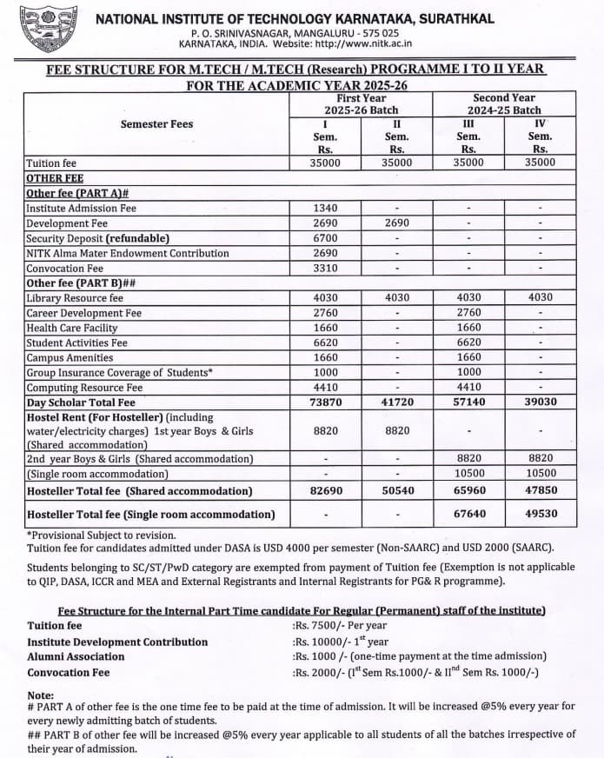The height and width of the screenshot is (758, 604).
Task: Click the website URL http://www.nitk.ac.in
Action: (363, 43)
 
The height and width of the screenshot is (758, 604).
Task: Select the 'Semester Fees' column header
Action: (156, 124)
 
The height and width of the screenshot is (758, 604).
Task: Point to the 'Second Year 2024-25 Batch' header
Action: (504, 104)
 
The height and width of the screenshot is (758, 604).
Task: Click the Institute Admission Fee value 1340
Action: (325, 209)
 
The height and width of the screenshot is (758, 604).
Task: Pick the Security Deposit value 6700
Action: (325, 238)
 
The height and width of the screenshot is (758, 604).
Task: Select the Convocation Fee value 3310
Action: (325, 269)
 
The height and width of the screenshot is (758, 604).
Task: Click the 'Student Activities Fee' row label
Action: (76, 343)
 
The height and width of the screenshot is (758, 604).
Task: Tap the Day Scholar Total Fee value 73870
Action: (325, 402)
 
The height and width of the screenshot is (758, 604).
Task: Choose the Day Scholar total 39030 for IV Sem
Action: (540, 402)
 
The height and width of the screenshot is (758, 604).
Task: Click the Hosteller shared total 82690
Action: (325, 491)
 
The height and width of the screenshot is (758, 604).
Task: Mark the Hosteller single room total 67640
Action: (468, 515)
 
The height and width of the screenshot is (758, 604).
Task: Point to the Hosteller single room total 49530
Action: (540, 515)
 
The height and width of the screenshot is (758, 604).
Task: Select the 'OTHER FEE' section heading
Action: (55, 178)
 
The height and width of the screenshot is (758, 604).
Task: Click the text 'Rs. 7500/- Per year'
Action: (340, 626)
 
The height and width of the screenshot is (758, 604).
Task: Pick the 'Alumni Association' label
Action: (76, 657)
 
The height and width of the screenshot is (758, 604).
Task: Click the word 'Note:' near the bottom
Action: (40, 695)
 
